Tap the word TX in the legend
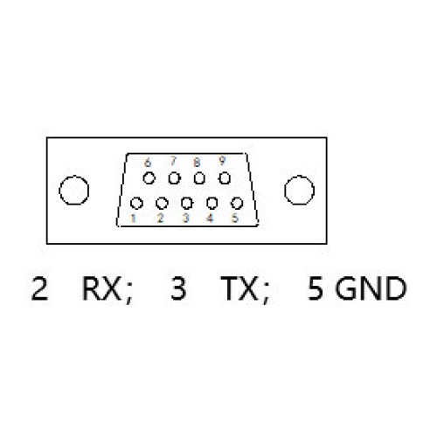(239, 288)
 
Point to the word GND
(371, 288)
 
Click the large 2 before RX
(39, 288)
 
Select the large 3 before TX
(178, 288)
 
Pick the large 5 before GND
(316, 288)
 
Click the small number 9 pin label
(222, 161)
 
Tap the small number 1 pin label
(133, 218)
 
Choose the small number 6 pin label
(148, 163)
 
